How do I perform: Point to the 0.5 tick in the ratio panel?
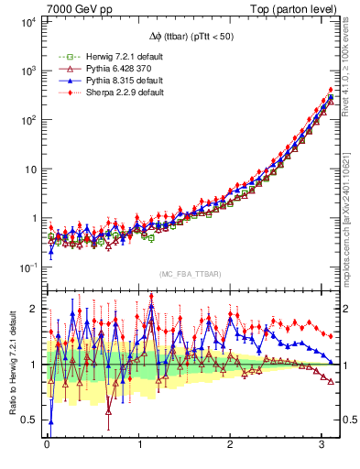[29, 420]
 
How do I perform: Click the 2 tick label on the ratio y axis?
[35, 309]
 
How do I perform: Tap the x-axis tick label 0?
[47, 446]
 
